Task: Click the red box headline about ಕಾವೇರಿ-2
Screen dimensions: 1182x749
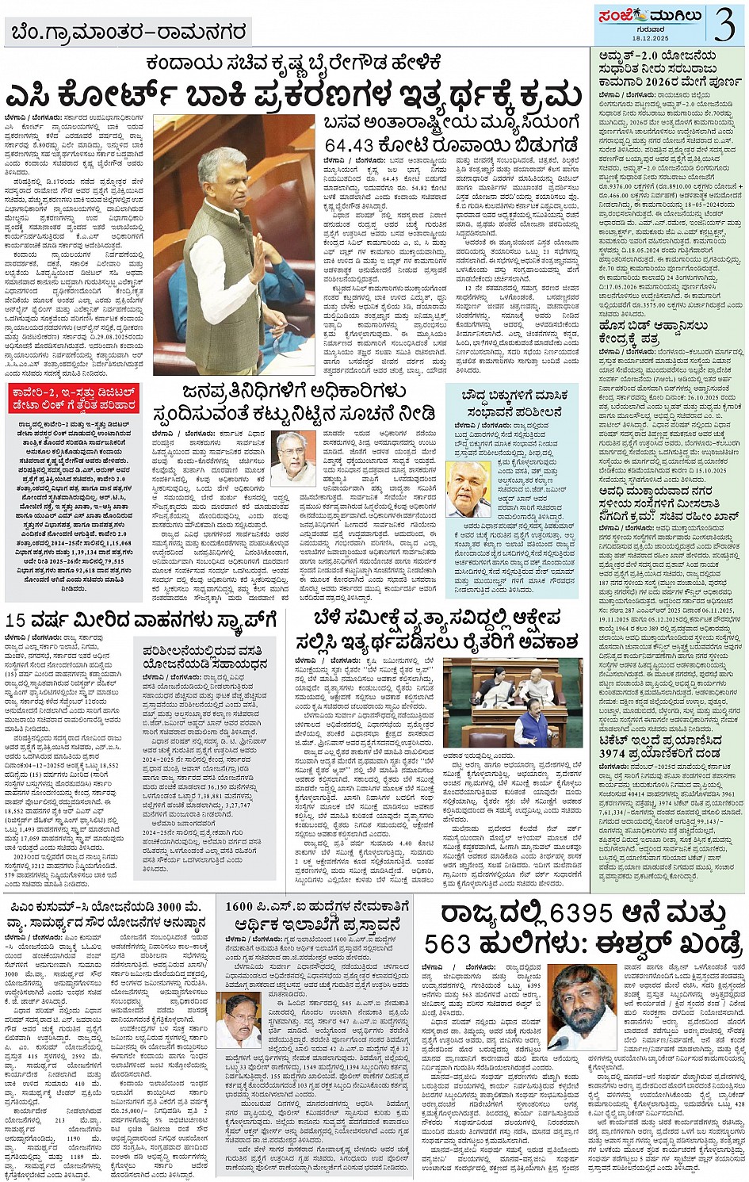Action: coord(74,399)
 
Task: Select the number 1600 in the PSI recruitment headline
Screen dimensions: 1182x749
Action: coord(239,906)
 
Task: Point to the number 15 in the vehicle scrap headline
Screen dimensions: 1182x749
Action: coord(17,620)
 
